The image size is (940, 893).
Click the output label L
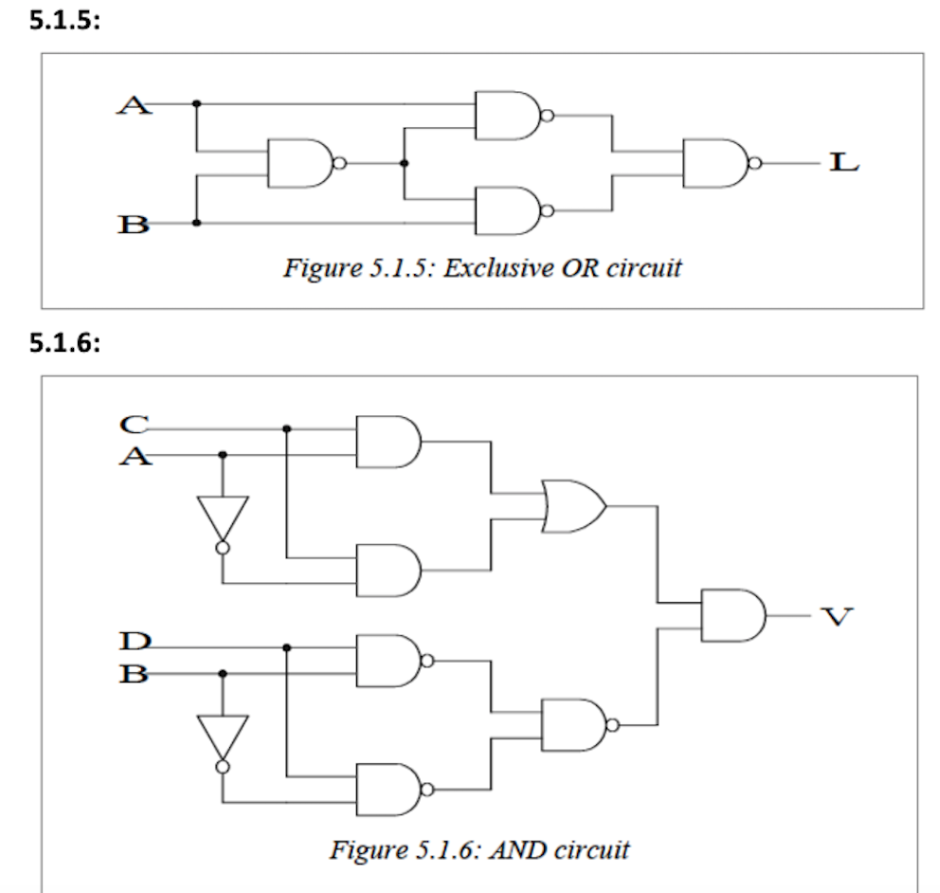(x=842, y=163)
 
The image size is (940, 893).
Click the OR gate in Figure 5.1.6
(x=572, y=505)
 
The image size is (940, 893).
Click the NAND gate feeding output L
(x=716, y=163)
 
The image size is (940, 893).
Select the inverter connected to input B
(x=223, y=738)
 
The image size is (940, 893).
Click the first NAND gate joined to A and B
(x=301, y=163)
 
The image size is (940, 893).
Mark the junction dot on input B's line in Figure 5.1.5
(x=196, y=224)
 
